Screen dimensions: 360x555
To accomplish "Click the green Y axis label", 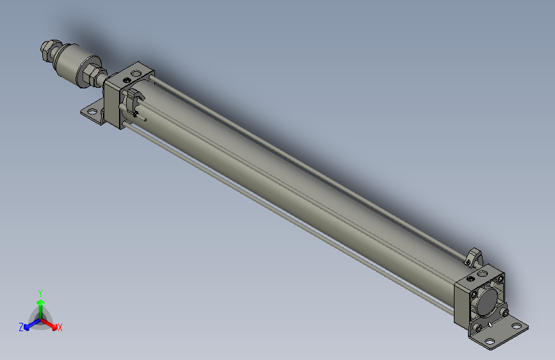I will pyautogui.click(x=40, y=292).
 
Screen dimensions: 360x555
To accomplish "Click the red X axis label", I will pyautogui.click(x=60, y=327).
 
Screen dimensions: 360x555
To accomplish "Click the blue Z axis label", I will pyautogui.click(x=21, y=327).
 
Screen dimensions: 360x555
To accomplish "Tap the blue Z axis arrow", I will pyautogui.click(x=29, y=324).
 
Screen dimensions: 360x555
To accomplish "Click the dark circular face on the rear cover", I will pyautogui.click(x=487, y=300).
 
